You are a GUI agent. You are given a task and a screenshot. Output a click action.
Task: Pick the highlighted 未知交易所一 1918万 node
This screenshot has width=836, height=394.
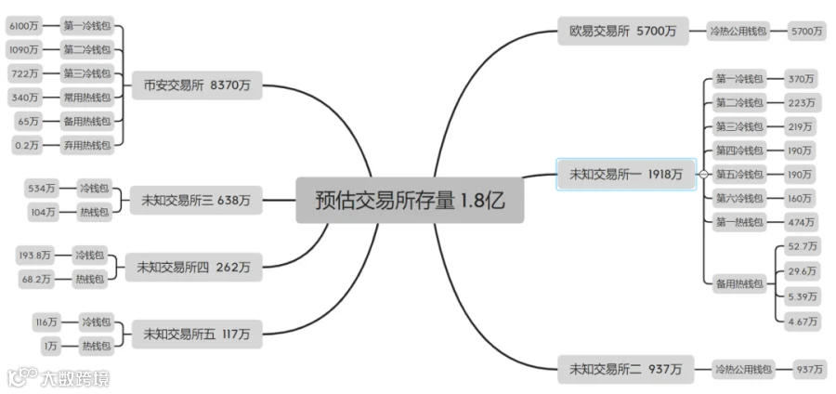(x=625, y=174)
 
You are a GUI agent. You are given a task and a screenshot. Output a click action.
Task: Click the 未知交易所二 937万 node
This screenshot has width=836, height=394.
(x=625, y=369)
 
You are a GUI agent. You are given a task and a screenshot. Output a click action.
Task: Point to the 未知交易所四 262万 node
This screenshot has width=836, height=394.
(x=193, y=267)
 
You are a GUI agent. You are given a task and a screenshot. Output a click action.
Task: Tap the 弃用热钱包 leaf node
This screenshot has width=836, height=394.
(x=87, y=145)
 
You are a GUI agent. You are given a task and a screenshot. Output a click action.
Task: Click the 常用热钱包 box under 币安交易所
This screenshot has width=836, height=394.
(x=87, y=97)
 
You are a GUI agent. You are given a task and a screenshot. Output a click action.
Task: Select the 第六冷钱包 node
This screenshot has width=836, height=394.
(x=739, y=198)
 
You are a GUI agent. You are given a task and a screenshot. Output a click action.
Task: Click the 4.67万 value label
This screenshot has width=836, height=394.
(x=802, y=322)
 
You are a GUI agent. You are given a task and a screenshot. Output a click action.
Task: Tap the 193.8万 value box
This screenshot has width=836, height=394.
(x=35, y=255)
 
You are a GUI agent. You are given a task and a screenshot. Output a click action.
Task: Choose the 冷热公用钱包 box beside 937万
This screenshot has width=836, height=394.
(x=742, y=369)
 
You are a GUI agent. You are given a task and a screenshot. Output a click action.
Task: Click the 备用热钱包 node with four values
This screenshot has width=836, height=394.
(x=739, y=282)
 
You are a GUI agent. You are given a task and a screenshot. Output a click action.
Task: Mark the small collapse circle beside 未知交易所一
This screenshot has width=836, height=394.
(x=704, y=174)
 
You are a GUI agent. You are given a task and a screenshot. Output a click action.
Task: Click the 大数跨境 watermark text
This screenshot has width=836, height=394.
(x=74, y=378)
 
